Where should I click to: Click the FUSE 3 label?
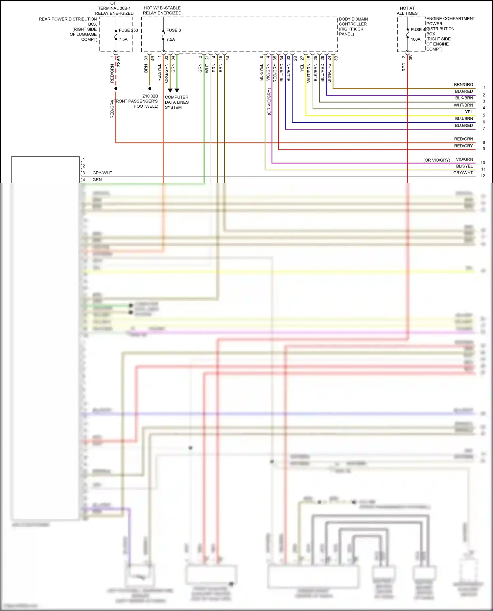coord(173,30)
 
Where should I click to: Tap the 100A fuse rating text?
coord(415,39)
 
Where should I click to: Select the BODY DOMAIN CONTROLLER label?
coord(353,26)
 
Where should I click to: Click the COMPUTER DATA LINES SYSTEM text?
coord(176,102)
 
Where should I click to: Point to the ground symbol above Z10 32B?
coord(150,89)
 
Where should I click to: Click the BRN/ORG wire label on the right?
coord(463,85)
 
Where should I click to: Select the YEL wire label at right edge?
coord(469,112)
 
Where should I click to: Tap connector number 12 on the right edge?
coord(483,176)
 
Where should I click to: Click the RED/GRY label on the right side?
coord(463,146)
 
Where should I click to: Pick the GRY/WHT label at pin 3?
coord(102,173)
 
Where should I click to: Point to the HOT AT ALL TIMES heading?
coord(407,11)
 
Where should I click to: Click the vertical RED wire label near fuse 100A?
coord(404,67)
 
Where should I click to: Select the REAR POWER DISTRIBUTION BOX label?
coord(68,29)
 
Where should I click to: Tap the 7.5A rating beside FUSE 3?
coord(171,39)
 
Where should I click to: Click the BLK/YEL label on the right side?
coord(464,166)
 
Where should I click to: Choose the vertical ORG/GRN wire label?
coord(166,73)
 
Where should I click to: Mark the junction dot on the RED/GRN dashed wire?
coord(116,89)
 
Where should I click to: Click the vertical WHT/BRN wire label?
coord(309,73)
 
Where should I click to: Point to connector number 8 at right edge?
coord(484,142)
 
